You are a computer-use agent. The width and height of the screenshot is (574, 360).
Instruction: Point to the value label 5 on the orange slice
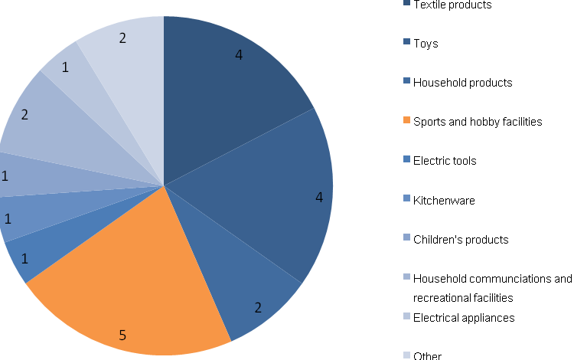click(122, 334)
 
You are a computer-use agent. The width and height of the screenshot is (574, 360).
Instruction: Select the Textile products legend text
click(452, 5)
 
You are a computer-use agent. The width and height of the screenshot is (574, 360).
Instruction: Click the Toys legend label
click(426, 44)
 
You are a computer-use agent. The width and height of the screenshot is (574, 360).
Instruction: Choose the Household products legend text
click(462, 83)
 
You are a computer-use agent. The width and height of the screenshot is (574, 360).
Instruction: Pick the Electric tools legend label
click(445, 161)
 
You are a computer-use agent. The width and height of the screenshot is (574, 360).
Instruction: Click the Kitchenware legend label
click(444, 201)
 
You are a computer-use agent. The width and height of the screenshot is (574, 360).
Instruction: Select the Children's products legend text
click(460, 240)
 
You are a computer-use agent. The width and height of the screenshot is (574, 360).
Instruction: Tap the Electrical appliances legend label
click(464, 317)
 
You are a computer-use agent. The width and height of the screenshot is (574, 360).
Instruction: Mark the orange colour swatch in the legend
click(406, 121)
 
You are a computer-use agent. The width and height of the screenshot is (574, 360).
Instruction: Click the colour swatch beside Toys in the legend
click(406, 43)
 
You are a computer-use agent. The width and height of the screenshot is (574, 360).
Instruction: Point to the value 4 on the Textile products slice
click(239, 56)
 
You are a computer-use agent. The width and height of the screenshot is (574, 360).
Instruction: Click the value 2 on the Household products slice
click(258, 308)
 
